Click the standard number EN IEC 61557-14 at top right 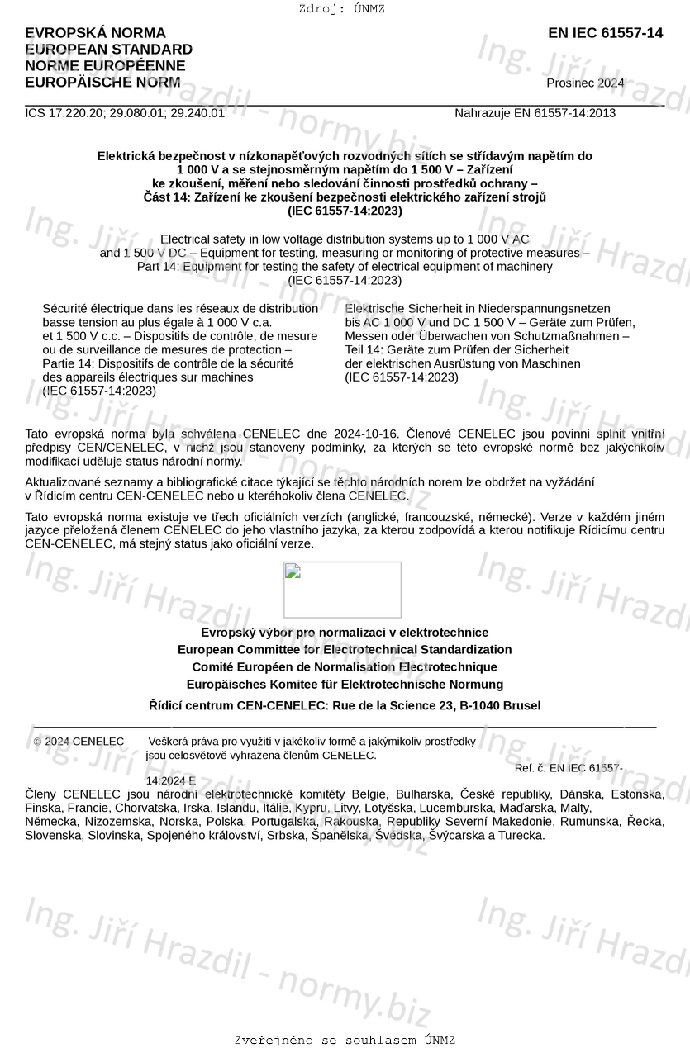(605, 33)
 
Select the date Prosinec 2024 (585, 83)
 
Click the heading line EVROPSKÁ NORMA (95, 33)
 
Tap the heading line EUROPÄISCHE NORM (102, 82)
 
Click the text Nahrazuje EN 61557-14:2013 (535, 113)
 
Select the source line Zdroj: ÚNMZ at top (342, 9)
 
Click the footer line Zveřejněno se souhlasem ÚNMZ (345, 1040)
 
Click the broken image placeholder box (342, 590)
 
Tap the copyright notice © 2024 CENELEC (79, 742)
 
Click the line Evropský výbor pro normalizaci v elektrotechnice (345, 633)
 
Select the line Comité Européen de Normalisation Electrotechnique (345, 667)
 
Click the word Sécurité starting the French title (65, 309)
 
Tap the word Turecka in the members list (523, 835)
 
